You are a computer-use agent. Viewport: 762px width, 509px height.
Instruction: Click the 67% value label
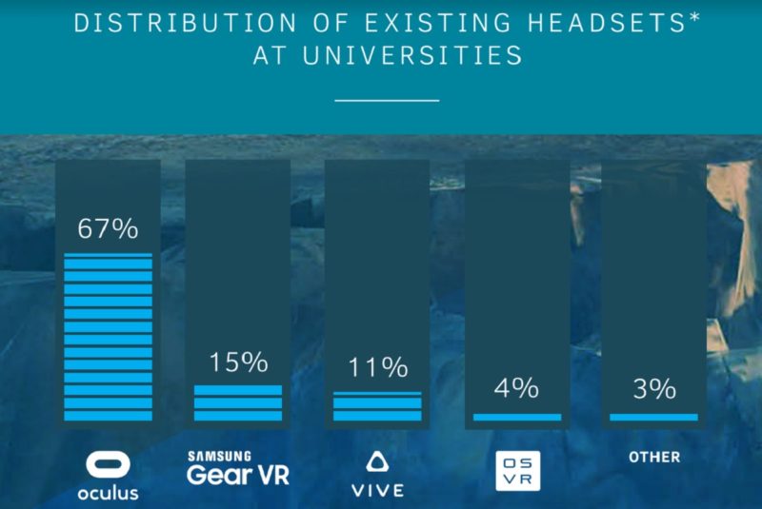(108, 229)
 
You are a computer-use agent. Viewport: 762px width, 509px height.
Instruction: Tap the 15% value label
(237, 362)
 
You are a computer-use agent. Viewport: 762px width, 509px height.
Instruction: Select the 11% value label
(377, 367)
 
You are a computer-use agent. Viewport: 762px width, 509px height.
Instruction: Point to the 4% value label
(517, 388)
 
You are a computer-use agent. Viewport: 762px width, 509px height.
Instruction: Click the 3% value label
(653, 388)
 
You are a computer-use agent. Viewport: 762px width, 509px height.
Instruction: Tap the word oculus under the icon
(108, 492)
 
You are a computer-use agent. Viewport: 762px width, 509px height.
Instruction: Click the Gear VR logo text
(238, 474)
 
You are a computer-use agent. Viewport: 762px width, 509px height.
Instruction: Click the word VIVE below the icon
(377, 491)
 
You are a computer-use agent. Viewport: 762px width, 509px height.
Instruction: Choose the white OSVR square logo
(517, 472)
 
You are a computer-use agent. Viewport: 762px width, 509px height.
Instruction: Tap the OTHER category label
(654, 458)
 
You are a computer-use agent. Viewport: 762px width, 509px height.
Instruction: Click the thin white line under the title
(388, 99)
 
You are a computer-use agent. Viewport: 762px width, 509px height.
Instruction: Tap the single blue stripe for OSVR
(517, 416)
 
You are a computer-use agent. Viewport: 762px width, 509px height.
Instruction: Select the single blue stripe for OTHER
(653, 416)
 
